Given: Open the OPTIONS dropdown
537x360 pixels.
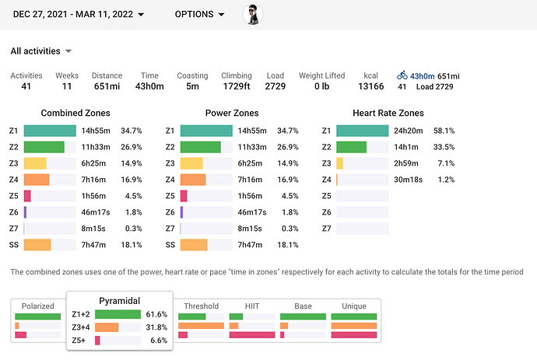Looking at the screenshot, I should coord(199,14).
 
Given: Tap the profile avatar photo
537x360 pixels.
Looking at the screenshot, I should coord(253,14).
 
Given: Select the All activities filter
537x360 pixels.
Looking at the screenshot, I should coord(41,51).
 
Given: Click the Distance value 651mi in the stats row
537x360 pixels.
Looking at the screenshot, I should coord(107,86).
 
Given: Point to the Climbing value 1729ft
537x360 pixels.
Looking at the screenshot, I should coord(236,86).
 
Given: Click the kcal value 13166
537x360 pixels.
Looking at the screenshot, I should coord(370,86).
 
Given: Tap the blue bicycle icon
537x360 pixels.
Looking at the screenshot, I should coord(402,75).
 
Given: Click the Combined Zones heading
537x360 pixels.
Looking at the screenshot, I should coord(75,113).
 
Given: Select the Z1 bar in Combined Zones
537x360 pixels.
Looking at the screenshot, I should coord(50,131).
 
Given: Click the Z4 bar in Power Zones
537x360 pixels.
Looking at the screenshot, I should coord(193,180).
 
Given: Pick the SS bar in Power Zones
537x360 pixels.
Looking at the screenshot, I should coord(193,245).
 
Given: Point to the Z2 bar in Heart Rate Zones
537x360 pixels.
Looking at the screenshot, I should coord(351,147).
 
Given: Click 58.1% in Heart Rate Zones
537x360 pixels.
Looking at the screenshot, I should coord(444,131).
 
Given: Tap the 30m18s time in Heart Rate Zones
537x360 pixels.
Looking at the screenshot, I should coord(408,180).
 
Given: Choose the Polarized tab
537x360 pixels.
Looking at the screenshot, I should coord(37,306).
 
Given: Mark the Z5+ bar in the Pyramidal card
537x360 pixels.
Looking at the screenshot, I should coord(98,341).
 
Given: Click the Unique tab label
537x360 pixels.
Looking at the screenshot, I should coord(353,306).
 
